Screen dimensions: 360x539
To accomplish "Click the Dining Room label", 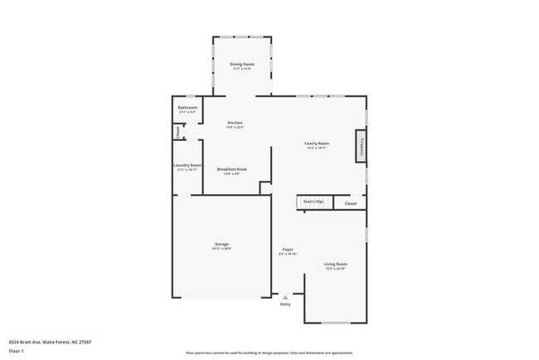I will pos(242,64).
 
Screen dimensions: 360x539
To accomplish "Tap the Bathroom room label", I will pos(187,107).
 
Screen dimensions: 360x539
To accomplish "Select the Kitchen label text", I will pos(235,123).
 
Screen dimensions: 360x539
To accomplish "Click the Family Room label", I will pos(317,144).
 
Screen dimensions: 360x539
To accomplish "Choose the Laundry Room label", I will pos(187,165).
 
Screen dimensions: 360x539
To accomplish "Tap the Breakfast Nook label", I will pos(231,169).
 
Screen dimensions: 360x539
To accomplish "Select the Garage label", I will pos(222,244).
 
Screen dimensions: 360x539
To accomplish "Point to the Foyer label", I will pos(288,249).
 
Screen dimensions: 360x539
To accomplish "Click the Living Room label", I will pos(335,264).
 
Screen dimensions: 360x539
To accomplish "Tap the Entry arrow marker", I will pos(285,296).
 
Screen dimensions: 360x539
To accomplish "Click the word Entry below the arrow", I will pos(285,304).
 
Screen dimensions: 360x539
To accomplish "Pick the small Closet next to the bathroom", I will pos(177,131).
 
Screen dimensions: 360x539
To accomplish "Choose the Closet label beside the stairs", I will pos(351,203).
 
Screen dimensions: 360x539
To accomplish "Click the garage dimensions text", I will pos(222,249).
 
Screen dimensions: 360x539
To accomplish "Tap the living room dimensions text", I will pos(335,269).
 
